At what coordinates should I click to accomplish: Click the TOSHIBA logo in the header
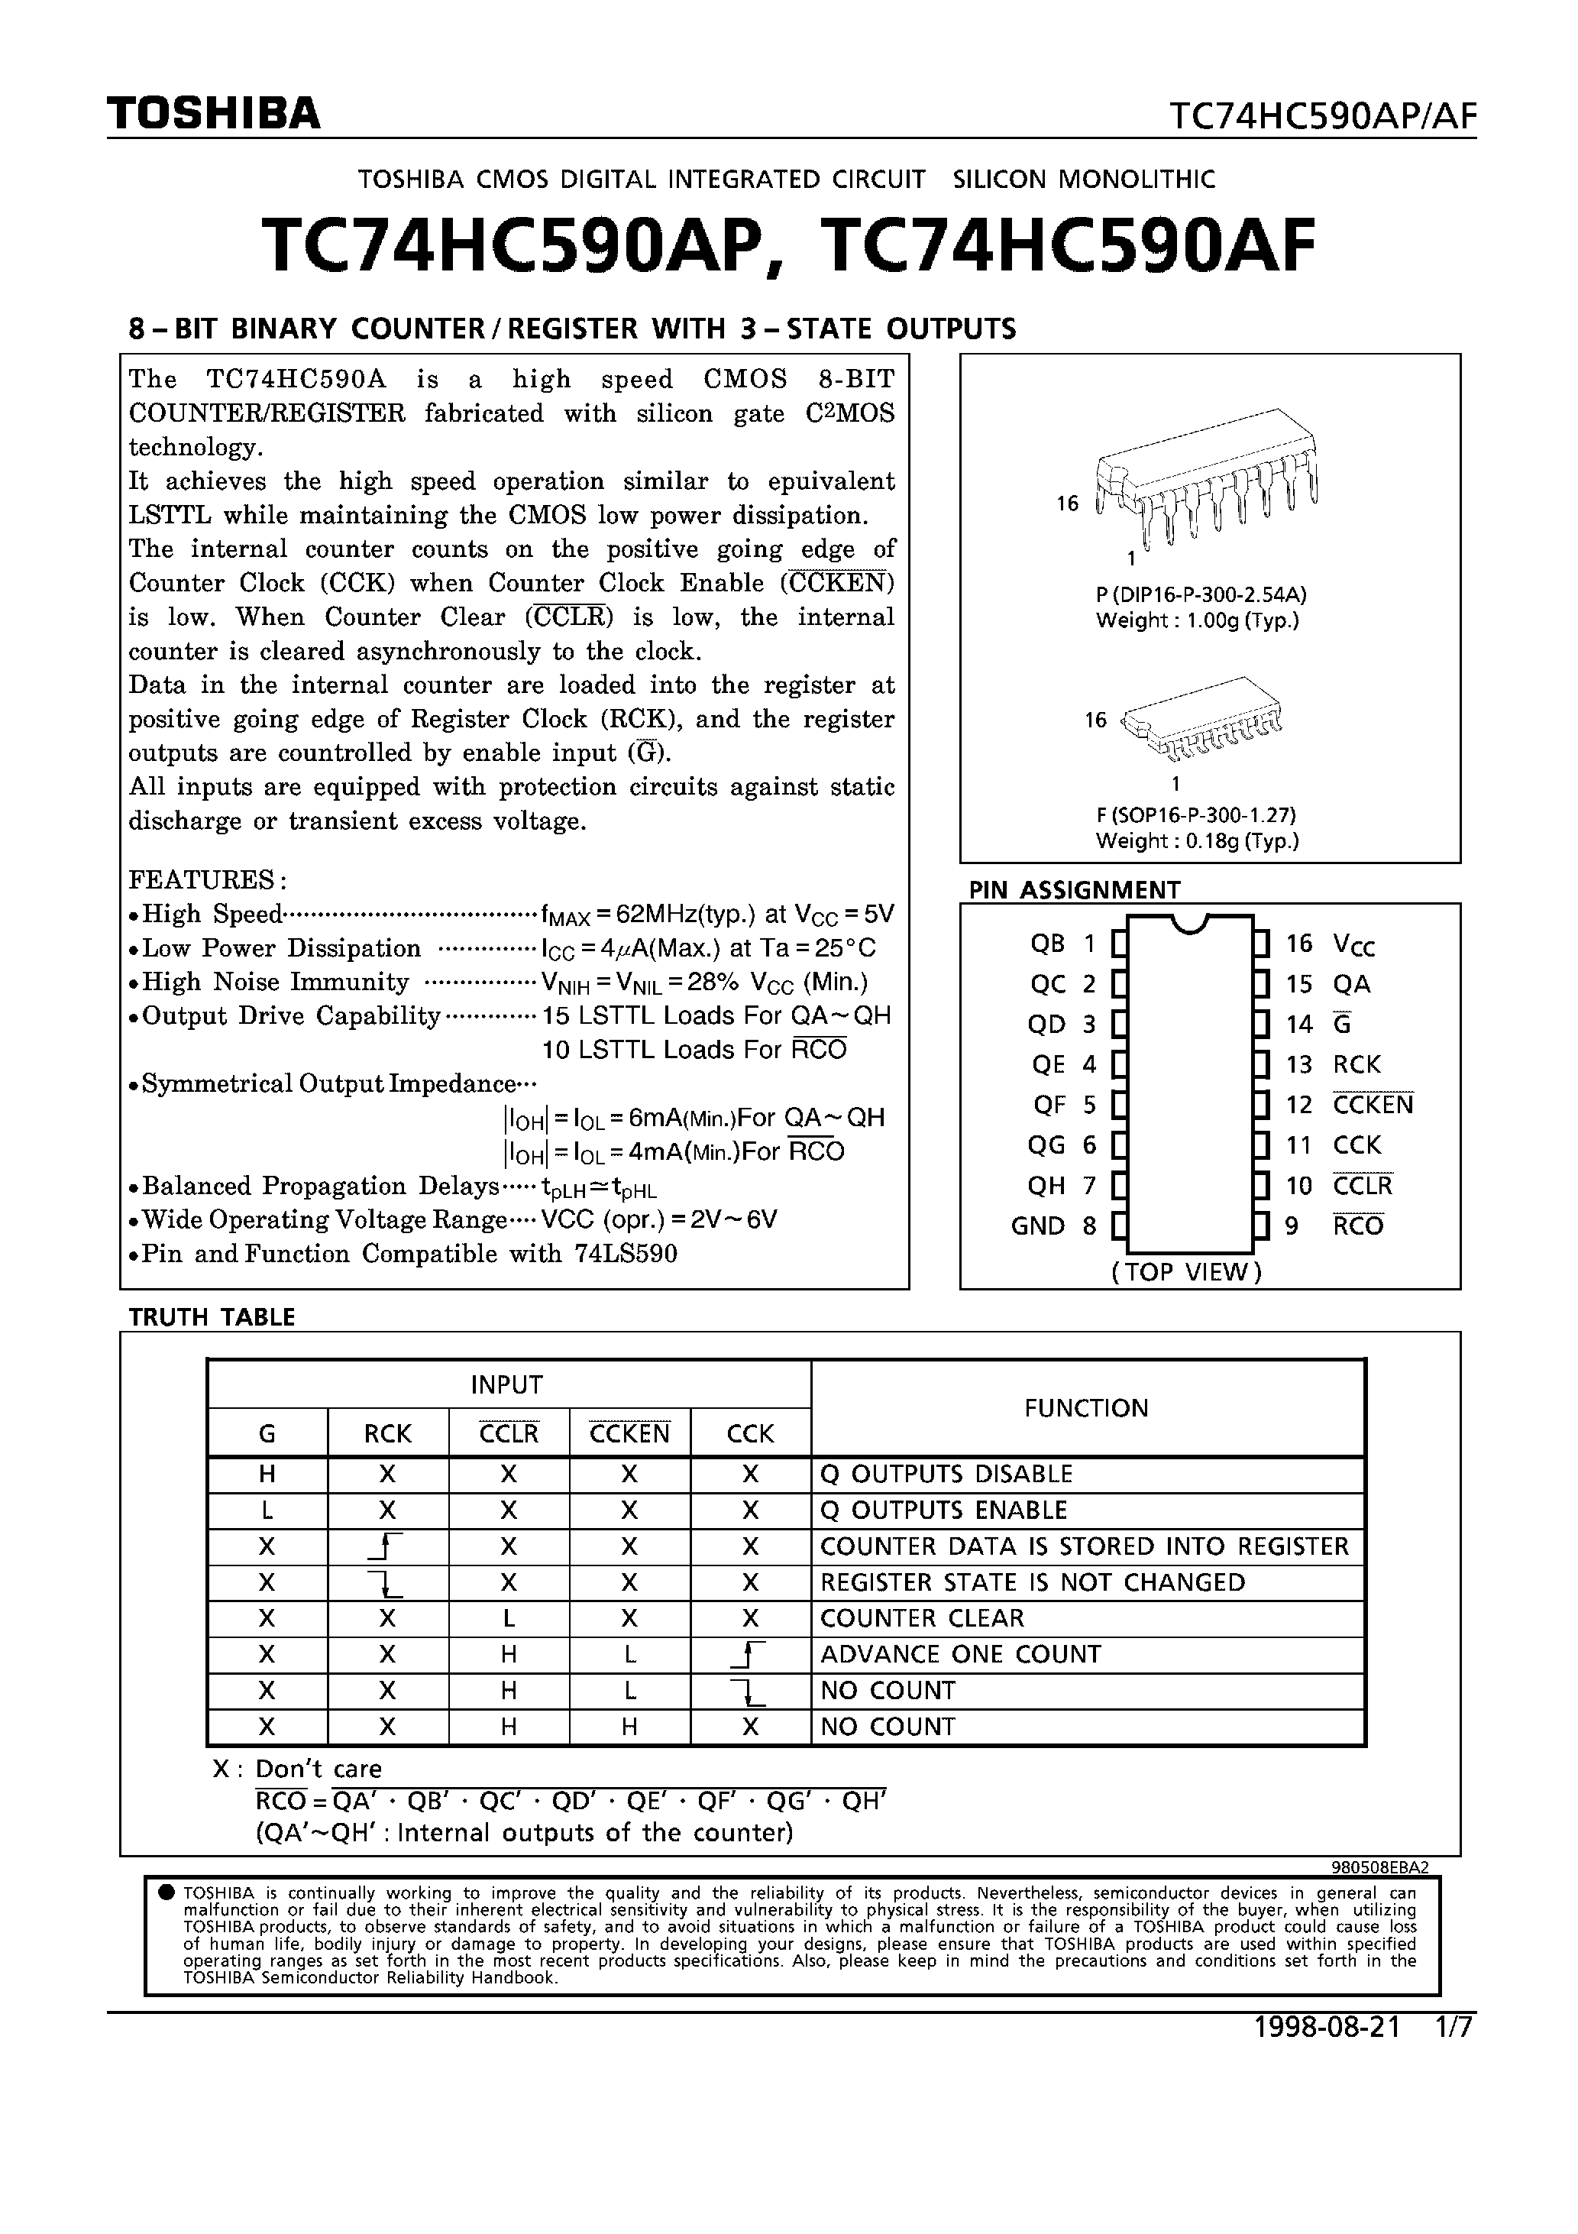tap(213, 115)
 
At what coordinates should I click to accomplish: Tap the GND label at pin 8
tap(1038, 1226)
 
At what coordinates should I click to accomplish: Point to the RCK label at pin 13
tap(1356, 1064)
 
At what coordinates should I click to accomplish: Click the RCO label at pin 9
tap(1358, 1226)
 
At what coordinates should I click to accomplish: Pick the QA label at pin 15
tap(1351, 985)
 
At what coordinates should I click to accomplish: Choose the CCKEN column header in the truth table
tap(629, 1433)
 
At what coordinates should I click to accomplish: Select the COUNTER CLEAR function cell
tap(921, 1618)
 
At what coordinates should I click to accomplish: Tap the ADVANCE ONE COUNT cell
tap(960, 1654)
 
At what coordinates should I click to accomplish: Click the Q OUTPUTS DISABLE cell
tap(946, 1474)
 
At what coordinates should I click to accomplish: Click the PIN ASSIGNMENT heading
tap(1074, 889)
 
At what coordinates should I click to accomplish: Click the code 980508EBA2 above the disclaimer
tap(1379, 1867)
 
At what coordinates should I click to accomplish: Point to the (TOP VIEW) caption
tap(1186, 1271)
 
